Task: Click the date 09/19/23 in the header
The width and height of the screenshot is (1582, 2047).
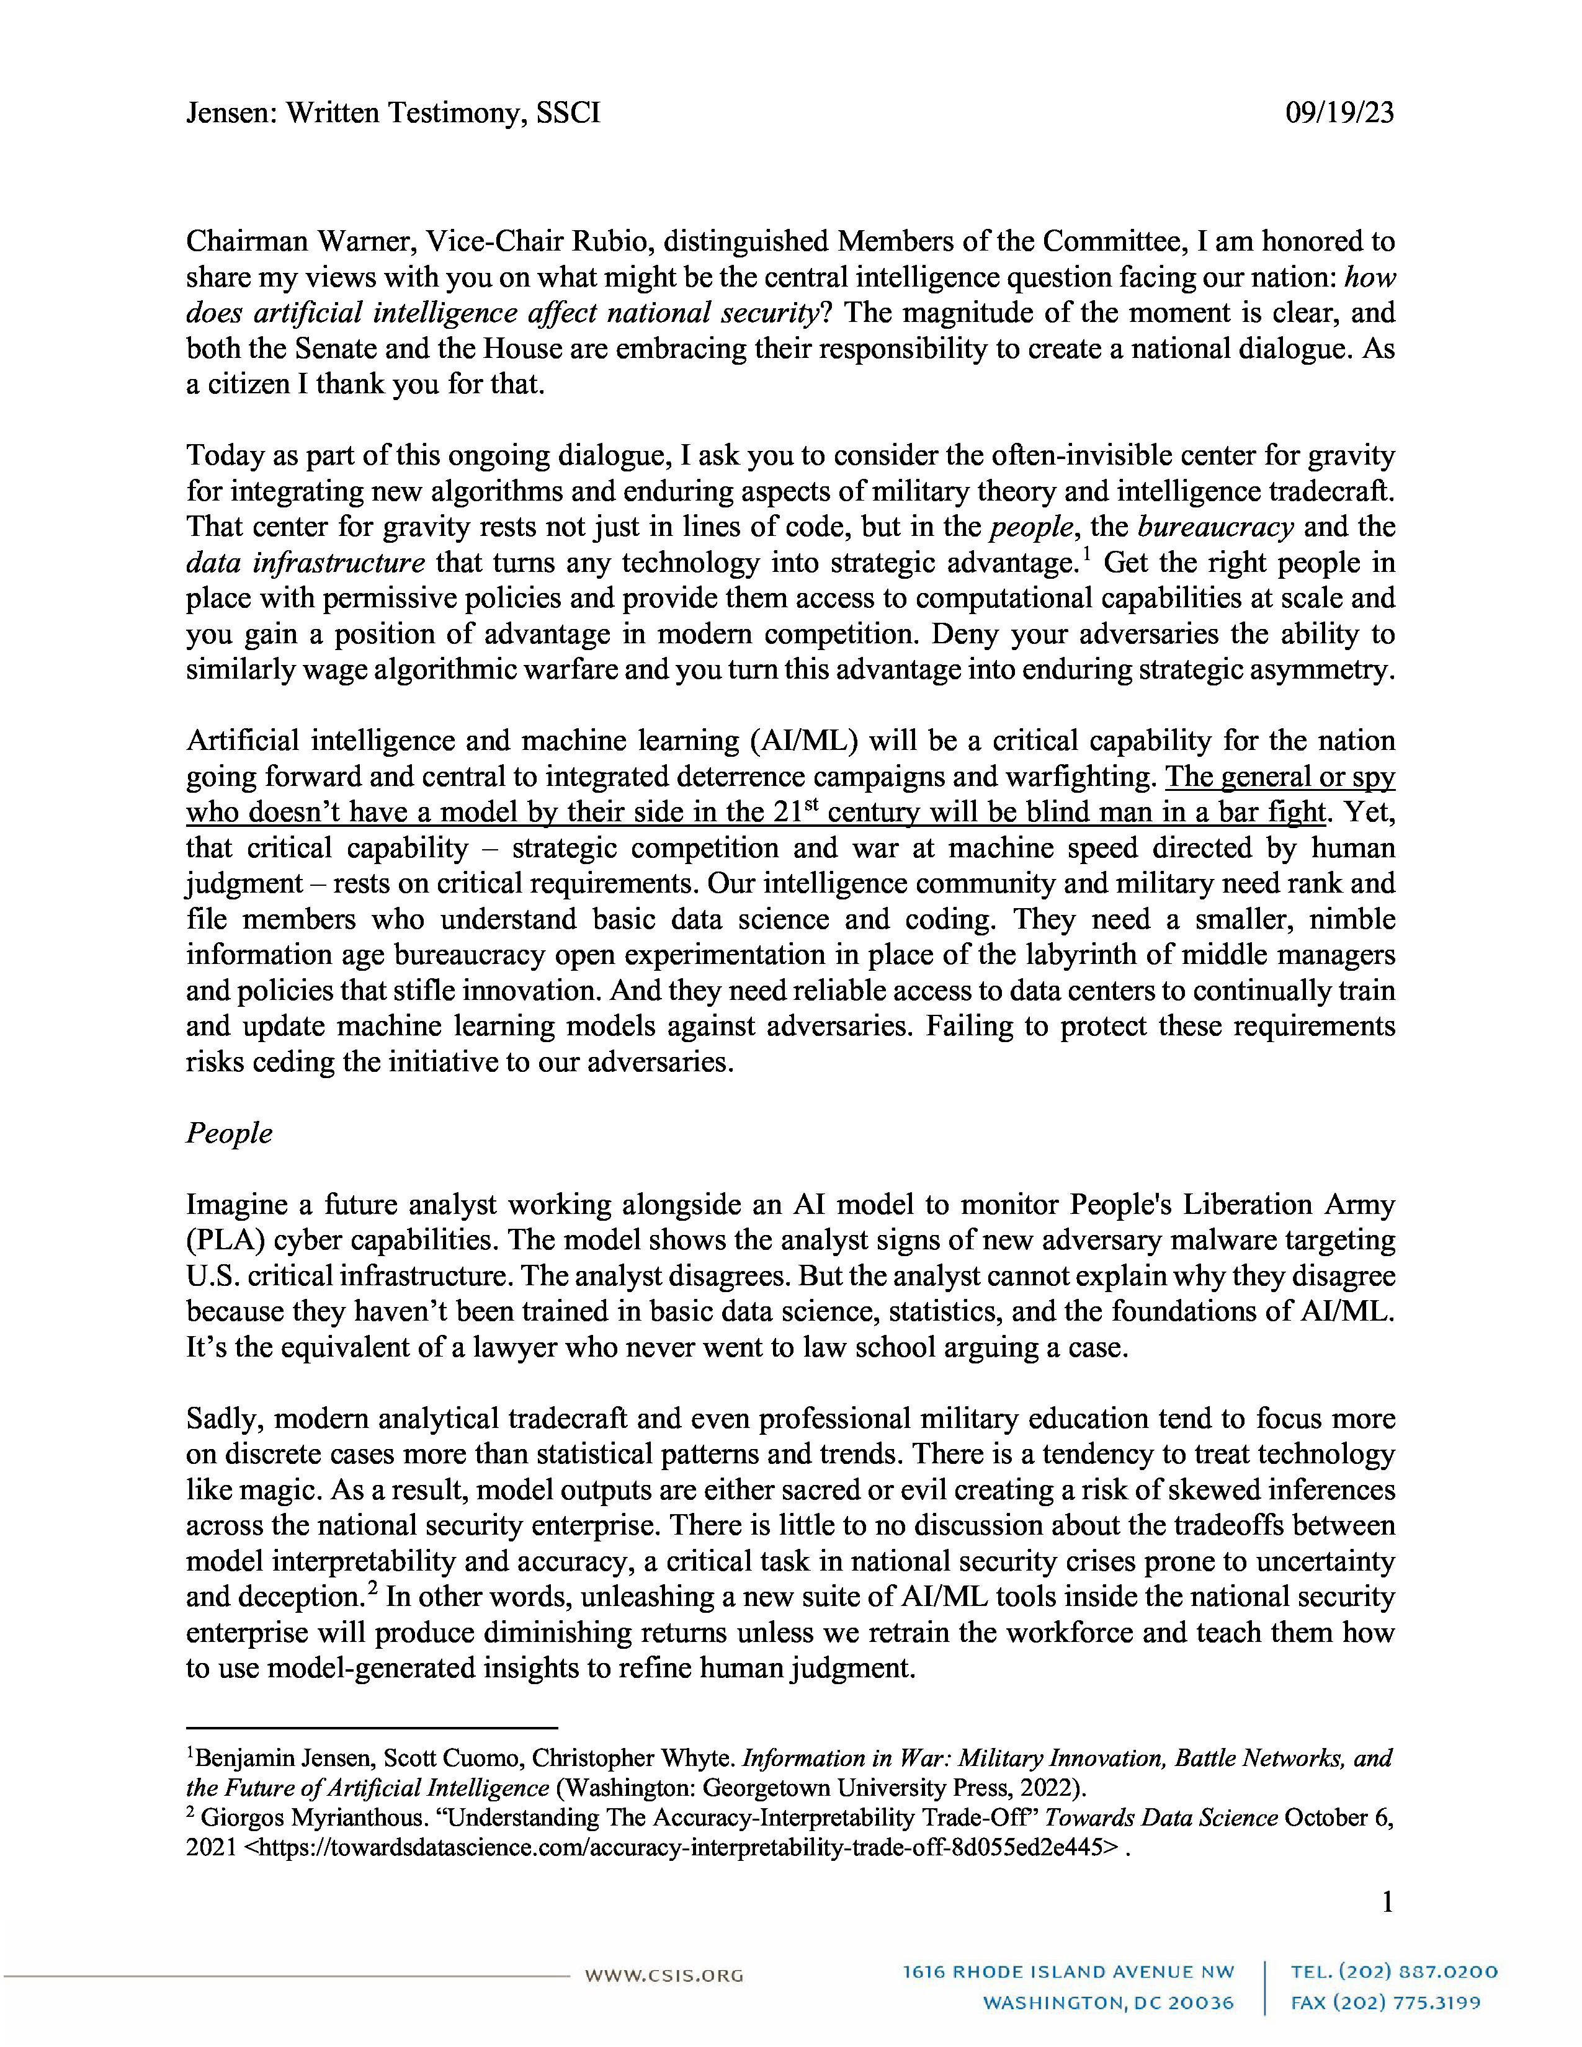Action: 1339,114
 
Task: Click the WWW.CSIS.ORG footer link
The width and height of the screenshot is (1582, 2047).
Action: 664,1976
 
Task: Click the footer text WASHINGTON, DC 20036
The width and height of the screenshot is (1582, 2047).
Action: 1108,2003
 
